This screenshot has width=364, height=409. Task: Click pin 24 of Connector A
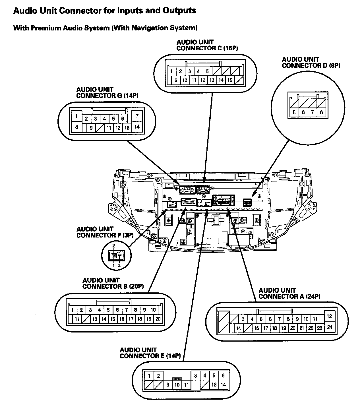(x=330, y=327)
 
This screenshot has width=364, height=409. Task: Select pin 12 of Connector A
(x=330, y=316)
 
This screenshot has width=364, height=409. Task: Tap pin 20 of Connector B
(x=158, y=319)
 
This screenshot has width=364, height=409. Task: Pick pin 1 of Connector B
(x=73, y=310)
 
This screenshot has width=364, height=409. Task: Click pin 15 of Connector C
(x=230, y=80)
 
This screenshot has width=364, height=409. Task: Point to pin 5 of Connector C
(x=208, y=71)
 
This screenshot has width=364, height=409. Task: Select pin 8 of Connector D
(x=321, y=112)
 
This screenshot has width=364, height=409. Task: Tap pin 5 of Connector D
(x=294, y=112)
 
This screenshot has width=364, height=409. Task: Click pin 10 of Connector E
(x=177, y=385)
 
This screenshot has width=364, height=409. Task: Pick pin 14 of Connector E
(x=223, y=385)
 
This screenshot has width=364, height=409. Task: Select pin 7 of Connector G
(x=137, y=116)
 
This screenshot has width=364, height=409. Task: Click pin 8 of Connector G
(x=76, y=127)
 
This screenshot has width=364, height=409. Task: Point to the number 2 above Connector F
(x=114, y=245)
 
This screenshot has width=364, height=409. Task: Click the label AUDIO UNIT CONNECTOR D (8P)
(x=311, y=62)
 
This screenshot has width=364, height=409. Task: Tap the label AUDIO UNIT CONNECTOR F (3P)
(x=105, y=232)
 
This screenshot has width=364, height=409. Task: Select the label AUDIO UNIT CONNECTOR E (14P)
(x=150, y=353)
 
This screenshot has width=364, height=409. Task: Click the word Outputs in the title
(x=179, y=11)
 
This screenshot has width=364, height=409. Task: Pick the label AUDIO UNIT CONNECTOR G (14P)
(x=107, y=93)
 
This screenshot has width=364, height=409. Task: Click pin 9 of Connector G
(x=91, y=128)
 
